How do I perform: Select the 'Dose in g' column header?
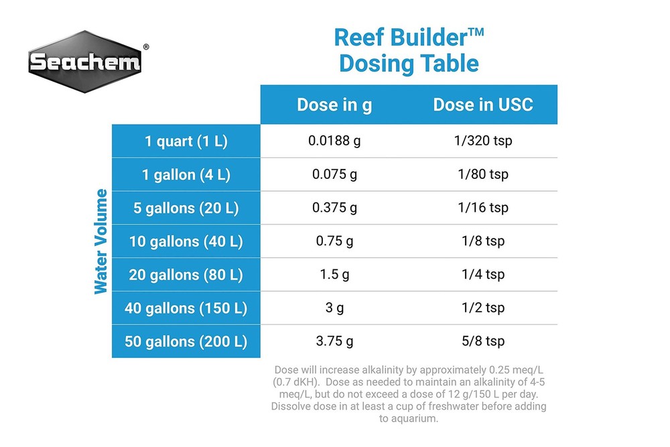(334, 105)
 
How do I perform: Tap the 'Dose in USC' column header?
(483, 105)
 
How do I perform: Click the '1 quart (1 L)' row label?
(186, 141)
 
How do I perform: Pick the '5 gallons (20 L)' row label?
(186, 208)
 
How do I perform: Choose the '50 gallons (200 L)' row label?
(186, 341)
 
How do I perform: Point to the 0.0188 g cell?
(334, 141)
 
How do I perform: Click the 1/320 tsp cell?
(483, 141)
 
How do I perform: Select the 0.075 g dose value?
(334, 174)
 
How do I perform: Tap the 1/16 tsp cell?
(483, 208)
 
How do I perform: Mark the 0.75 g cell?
(334, 241)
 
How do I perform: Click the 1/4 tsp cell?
(483, 274)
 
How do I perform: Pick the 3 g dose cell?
(334, 308)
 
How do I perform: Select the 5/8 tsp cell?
(483, 341)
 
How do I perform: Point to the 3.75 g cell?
(334, 341)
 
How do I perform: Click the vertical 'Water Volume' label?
(101, 241)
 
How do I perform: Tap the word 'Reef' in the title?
(359, 38)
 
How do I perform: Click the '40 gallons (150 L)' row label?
(186, 308)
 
